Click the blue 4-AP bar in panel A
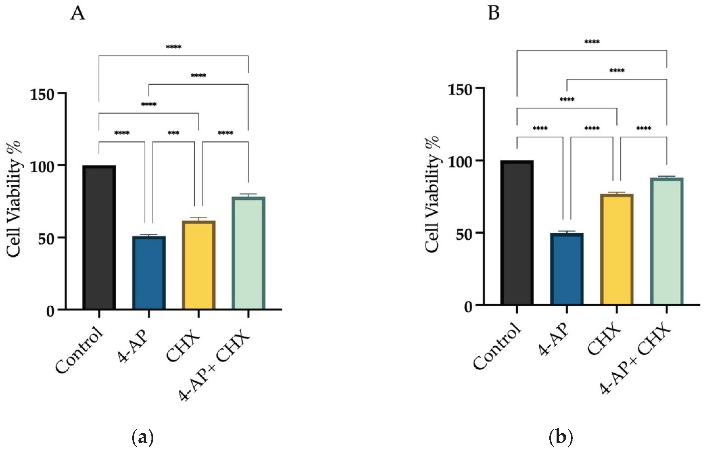coord(149,273)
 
